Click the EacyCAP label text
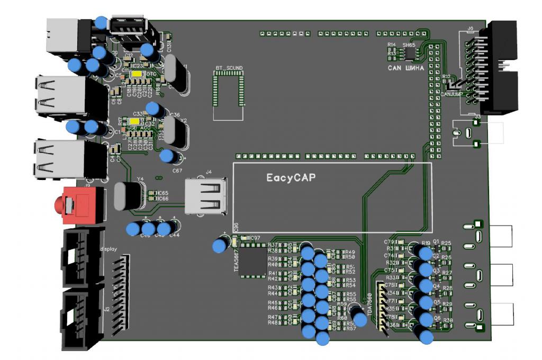(x=291, y=178)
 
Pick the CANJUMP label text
(x=452, y=94)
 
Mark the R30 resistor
(x=448, y=321)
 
